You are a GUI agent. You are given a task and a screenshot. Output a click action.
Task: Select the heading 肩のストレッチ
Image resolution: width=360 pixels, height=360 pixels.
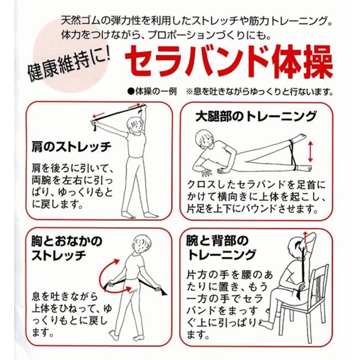[x=71, y=147]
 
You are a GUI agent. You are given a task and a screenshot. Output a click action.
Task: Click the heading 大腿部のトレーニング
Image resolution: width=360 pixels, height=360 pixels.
[x=256, y=117]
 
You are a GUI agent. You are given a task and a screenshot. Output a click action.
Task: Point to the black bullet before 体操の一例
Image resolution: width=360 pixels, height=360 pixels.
[x=131, y=92]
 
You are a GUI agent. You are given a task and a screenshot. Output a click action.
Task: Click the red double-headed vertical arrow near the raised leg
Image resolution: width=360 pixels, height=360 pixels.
[x=310, y=152]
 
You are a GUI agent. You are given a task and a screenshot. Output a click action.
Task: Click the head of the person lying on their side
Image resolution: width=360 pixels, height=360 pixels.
[x=204, y=139]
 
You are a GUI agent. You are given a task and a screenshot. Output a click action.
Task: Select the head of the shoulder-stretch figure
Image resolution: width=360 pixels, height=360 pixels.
[x=135, y=125]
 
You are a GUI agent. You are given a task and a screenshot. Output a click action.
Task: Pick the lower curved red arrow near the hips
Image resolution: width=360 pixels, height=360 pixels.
[x=116, y=290]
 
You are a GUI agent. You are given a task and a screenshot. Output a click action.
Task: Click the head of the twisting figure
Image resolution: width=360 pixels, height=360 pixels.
[x=142, y=244]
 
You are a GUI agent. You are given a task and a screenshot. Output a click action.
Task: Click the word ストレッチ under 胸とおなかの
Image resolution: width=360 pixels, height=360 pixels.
[x=59, y=255]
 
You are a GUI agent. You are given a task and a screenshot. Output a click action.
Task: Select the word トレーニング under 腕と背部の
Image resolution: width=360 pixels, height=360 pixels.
[x=221, y=255]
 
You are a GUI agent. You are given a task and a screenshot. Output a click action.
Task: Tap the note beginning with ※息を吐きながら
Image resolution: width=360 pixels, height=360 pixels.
[x=260, y=92]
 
